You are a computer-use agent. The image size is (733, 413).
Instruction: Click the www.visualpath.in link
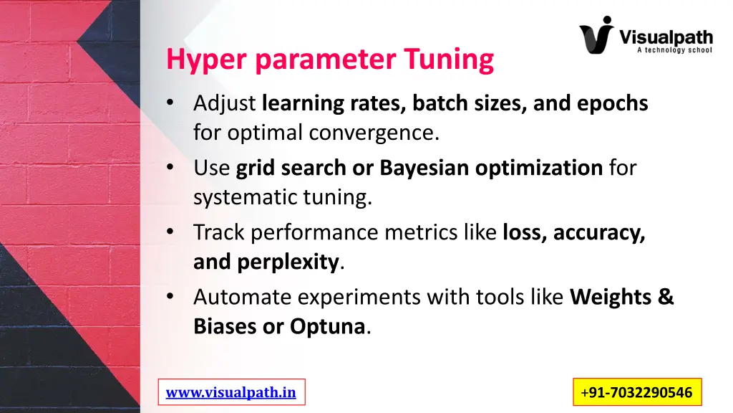(230, 392)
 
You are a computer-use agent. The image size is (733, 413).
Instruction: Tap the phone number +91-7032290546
(636, 392)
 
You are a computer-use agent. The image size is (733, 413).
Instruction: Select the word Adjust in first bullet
(224, 104)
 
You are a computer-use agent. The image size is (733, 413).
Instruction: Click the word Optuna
(328, 327)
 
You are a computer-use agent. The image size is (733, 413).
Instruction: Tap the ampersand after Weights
(666, 297)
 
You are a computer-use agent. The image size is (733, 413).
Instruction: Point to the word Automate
(243, 297)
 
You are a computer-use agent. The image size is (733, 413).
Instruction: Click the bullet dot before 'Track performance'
(170, 232)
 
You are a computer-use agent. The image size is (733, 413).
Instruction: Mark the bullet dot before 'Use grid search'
(170, 168)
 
